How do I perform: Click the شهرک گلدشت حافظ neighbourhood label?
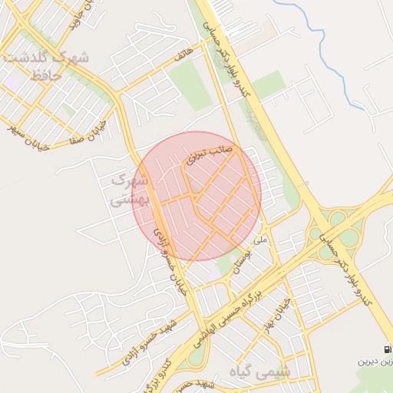46,66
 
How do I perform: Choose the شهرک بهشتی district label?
127,190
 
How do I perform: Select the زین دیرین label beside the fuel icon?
375,362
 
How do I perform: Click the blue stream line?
314,31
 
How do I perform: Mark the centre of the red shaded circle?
196,196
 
